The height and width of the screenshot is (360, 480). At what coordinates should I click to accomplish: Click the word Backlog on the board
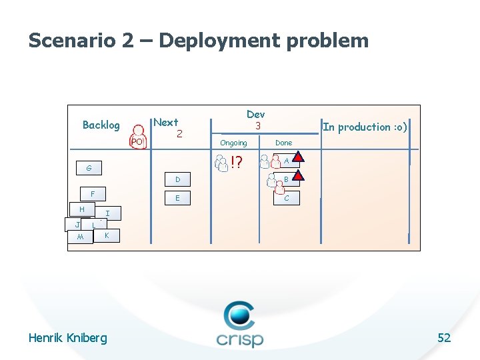click(x=101, y=125)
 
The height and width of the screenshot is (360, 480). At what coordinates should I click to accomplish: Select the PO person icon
click(x=137, y=137)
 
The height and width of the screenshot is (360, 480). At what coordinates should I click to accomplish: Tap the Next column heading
click(x=166, y=122)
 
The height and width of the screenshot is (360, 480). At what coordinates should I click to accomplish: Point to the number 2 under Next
click(x=179, y=134)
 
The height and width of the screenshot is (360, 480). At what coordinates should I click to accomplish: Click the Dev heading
click(x=255, y=114)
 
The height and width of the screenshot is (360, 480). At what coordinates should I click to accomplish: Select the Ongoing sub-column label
click(x=233, y=143)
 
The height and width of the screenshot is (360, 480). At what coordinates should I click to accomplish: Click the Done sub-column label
click(x=283, y=143)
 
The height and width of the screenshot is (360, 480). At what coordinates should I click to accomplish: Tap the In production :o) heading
click(x=365, y=127)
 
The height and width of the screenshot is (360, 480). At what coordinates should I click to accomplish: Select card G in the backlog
click(x=89, y=167)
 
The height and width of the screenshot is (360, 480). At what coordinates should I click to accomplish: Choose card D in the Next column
click(x=177, y=179)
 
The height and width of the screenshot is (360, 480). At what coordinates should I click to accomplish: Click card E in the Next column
click(x=177, y=198)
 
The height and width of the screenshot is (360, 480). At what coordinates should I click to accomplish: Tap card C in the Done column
click(x=286, y=198)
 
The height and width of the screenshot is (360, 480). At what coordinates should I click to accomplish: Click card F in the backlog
click(x=93, y=194)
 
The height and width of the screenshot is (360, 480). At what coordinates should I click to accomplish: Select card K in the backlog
click(x=107, y=236)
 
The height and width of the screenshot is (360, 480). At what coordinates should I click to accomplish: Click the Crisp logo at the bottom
click(x=239, y=324)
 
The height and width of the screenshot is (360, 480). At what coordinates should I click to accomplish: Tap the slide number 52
click(x=444, y=338)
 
